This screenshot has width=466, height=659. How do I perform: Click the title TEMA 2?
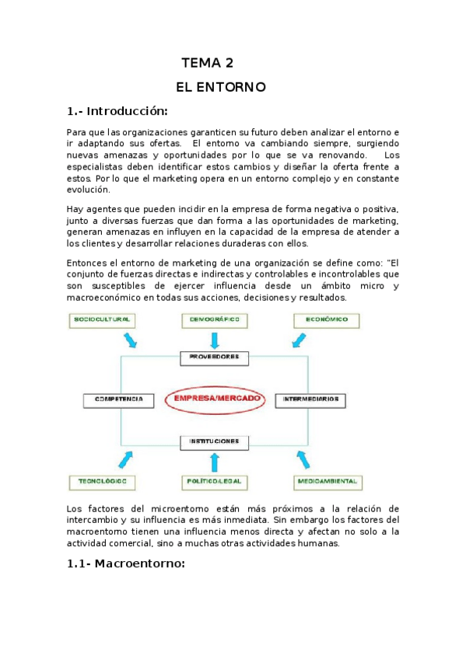(x=207, y=63)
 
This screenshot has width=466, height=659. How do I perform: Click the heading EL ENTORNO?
(x=222, y=86)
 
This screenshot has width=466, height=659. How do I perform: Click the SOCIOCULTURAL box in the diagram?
(x=101, y=319)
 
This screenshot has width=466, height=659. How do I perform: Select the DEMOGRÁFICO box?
(x=215, y=319)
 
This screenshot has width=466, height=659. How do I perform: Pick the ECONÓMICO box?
(x=327, y=319)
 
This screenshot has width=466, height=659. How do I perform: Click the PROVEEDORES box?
(x=215, y=358)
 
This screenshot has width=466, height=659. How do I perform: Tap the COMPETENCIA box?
(x=114, y=399)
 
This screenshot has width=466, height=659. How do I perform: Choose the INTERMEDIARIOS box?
(x=310, y=399)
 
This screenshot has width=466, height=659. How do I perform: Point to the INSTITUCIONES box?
(x=215, y=441)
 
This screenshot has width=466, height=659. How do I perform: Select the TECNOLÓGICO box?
(x=101, y=482)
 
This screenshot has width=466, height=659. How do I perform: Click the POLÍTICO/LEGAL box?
(x=215, y=482)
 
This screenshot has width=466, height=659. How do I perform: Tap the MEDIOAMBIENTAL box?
(x=327, y=482)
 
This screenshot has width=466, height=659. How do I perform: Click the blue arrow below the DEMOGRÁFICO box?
(x=215, y=340)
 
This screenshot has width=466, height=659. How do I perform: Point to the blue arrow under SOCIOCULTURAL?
(x=128, y=340)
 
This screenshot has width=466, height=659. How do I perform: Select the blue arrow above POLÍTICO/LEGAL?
(x=215, y=461)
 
